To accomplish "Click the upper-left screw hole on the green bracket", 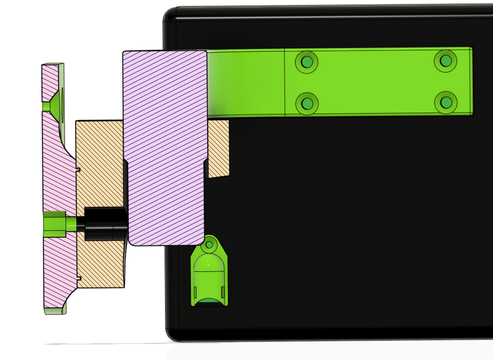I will click(307, 62).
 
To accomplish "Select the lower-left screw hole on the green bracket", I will click(307, 103).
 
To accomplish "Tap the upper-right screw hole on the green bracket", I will click(445, 60).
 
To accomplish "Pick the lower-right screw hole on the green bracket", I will click(445, 102).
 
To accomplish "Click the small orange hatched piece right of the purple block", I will click(218, 147).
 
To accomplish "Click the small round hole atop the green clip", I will click(209, 245).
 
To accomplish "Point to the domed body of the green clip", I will click(209, 275).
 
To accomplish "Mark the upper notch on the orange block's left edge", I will click(78, 169).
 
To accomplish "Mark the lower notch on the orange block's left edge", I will click(78, 278).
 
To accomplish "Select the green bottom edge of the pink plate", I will click(55, 311).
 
